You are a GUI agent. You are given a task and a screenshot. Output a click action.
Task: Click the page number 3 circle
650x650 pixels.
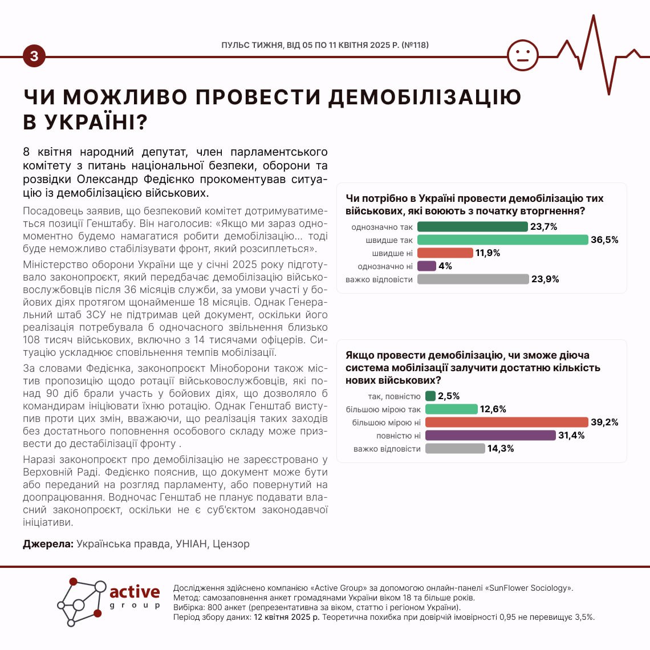(34, 56)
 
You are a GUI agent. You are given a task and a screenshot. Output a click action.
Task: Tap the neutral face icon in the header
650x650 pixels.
(522, 55)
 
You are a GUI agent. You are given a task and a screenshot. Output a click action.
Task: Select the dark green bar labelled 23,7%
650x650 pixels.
(472, 226)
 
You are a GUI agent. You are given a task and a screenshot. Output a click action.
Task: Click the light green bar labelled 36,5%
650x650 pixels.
(502, 239)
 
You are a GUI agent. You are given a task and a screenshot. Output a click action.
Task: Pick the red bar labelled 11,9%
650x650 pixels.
(445, 253)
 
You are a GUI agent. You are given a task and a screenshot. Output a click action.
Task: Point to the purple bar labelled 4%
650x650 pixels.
(426, 266)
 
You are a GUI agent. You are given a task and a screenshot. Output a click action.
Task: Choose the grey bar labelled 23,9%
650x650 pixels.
(473, 279)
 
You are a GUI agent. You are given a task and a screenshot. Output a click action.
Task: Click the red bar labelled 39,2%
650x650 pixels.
(506, 422)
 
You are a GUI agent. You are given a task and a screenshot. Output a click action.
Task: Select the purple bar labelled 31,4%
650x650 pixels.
(490, 435)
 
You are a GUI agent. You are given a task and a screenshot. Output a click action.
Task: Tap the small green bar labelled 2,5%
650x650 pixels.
(430, 396)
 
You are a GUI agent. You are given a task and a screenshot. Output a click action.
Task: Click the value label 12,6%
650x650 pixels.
(493, 409)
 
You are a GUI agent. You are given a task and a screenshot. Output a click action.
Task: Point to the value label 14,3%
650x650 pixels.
(500, 448)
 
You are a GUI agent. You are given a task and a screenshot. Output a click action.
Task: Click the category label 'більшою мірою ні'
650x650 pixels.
(386, 422)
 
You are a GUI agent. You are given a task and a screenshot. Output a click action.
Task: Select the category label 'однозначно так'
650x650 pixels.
(382, 227)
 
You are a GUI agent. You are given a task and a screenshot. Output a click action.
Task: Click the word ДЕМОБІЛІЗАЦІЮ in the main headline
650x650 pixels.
(425, 97)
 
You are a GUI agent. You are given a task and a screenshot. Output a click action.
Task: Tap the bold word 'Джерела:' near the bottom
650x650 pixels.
(48, 543)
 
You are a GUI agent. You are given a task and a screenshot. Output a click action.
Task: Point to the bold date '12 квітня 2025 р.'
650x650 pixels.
(287, 617)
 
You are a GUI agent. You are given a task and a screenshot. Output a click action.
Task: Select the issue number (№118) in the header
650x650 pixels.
(415, 45)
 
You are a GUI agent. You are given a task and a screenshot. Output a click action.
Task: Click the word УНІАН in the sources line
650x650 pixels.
(192, 543)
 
